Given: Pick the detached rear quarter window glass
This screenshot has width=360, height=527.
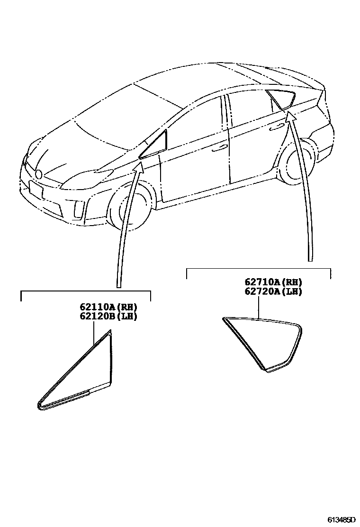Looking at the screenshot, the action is point(265,341).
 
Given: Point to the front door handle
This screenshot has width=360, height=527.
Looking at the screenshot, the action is point(219,148).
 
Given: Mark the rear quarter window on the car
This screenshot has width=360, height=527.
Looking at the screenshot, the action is point(280,99).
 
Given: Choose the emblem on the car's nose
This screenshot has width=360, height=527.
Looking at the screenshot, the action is point(39,174).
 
